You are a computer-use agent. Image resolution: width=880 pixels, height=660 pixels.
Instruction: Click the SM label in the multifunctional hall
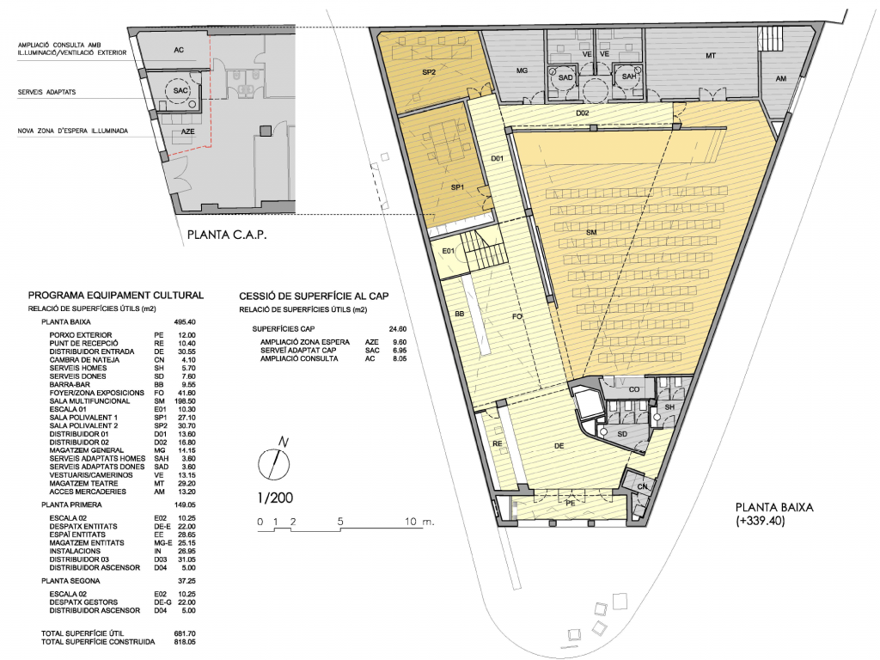pos(591,232)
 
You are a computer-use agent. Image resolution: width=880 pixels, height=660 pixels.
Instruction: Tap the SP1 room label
pos(457,187)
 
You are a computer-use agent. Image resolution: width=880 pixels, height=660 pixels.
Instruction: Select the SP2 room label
pos(429,72)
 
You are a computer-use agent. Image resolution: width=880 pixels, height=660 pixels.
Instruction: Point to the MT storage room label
pos(711,56)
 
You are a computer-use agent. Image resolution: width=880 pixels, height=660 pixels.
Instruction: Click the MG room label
pos(522,70)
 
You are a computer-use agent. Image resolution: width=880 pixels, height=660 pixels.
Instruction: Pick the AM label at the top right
pos(780,78)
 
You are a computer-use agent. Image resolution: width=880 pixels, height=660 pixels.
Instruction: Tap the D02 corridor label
pos(583,113)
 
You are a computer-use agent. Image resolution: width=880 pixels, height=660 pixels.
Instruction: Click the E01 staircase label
pos(448,251)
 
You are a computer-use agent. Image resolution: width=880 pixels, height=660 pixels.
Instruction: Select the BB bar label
pos(460,314)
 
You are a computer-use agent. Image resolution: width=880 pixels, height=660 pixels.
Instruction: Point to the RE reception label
pos(498,443)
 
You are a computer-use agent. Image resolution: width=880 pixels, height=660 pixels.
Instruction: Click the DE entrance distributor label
pos(559,446)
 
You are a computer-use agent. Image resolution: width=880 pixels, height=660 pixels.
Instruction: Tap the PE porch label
pos(571,504)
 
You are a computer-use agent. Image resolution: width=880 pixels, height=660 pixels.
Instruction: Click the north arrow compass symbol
pos(274,461)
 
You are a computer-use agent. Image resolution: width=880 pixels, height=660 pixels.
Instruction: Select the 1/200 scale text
pos(275,498)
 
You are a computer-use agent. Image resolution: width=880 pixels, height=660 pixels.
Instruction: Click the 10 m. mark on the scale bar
pos(419,522)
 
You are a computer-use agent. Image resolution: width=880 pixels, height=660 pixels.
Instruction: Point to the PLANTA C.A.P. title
pos(227,235)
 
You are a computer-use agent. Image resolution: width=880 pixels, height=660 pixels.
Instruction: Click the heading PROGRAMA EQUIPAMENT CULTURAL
pos(116,296)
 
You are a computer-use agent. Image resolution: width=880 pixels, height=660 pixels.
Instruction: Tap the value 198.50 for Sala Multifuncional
pos(185,401)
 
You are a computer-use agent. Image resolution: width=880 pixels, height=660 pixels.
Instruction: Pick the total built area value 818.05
pos(185,641)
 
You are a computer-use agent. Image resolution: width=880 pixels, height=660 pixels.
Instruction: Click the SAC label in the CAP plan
pos(180,90)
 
